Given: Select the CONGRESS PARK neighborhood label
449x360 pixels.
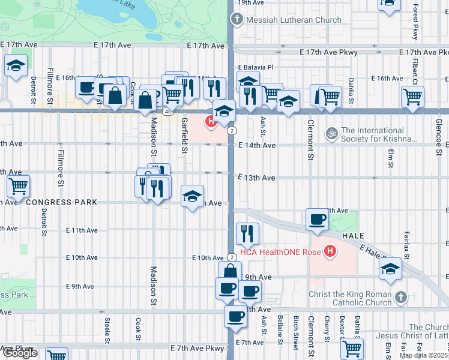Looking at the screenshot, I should (x=60, y=203).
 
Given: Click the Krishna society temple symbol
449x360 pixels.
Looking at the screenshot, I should (x=330, y=133).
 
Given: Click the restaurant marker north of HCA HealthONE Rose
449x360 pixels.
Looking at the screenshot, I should (x=247, y=232).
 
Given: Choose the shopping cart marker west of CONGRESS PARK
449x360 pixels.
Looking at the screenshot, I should (x=18, y=187).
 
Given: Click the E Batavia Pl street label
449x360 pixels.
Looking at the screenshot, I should (x=255, y=67).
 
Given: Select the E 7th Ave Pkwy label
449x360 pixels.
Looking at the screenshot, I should (x=196, y=348).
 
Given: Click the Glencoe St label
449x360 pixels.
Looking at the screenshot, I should (x=439, y=140).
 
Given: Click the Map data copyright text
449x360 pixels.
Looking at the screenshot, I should (x=424, y=355).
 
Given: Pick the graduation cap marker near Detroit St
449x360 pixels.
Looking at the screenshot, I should (x=16, y=67).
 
